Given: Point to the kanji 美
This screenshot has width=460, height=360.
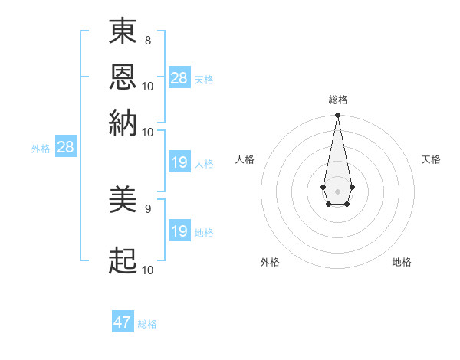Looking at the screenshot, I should point(123,201).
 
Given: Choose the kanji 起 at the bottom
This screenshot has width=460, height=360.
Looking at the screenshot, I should point(123,261).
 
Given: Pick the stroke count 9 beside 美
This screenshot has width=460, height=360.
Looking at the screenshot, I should point(148,208).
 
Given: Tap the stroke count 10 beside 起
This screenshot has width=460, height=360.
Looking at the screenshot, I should point(148,270).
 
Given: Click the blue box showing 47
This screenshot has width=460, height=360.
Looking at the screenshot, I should point(123,322).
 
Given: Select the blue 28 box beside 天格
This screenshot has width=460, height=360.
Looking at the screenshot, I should point(179,77).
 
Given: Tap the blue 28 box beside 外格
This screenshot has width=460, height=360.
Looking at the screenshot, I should point(65,147).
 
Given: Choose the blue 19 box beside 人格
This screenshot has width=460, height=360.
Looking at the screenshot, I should point(179,162).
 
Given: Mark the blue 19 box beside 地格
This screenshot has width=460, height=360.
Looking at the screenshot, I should point(179,231).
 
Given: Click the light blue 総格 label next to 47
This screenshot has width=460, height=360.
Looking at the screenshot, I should point(147,324).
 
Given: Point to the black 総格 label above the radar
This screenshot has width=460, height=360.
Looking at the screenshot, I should point(338,100).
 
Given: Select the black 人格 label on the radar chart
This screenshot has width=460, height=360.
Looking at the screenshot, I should point(245,159).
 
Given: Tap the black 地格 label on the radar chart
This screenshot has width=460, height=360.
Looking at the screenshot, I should point(402,262).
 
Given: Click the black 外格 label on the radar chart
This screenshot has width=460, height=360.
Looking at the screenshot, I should point(270,262).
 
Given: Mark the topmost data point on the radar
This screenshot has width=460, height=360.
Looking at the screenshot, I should point(337,116).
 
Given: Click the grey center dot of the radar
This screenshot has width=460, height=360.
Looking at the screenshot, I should point(337,190).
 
